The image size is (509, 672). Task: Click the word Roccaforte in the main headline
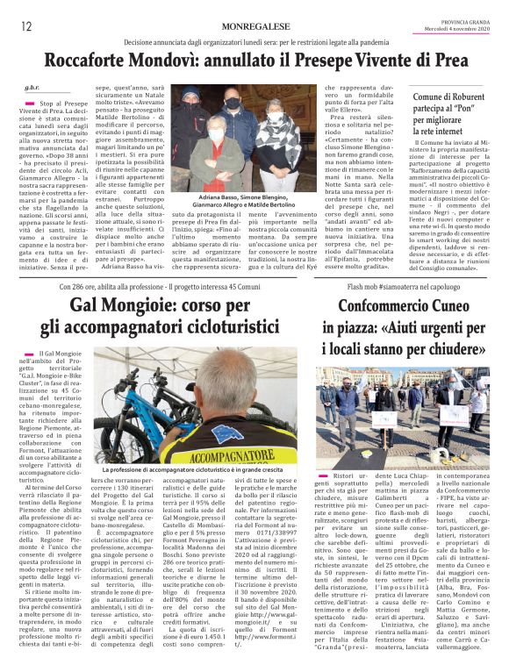[x=95, y=62]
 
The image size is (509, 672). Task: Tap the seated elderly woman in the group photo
[x=216, y=140]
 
